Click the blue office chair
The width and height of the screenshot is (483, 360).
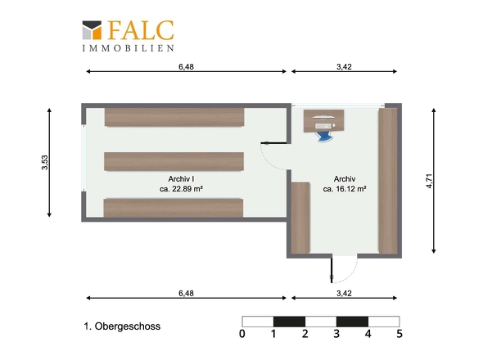(x=325, y=136)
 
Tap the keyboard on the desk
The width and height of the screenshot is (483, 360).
(x=323, y=126)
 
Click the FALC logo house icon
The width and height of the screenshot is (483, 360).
(x=92, y=30)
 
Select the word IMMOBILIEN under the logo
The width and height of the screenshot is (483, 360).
(x=129, y=48)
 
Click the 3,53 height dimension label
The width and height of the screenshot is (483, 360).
(x=45, y=162)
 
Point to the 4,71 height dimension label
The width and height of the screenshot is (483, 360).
(x=430, y=181)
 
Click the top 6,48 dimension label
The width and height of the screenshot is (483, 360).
(x=186, y=66)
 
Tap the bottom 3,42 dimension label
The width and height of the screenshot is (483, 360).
(x=344, y=293)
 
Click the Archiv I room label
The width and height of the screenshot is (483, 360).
(x=181, y=179)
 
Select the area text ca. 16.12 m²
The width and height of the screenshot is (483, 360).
(x=345, y=189)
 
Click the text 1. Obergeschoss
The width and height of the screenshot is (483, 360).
(x=122, y=326)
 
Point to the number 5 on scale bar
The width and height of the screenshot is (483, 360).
(x=399, y=334)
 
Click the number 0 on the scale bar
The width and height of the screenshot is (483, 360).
(x=242, y=334)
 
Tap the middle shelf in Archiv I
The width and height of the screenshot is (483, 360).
(x=174, y=161)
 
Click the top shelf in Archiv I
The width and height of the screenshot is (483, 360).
(x=174, y=117)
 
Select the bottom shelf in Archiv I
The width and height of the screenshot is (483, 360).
(x=173, y=208)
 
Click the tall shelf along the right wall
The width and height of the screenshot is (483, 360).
(x=388, y=181)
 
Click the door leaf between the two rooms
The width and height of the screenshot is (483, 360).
(x=274, y=143)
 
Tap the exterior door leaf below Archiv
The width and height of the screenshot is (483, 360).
(x=332, y=269)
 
